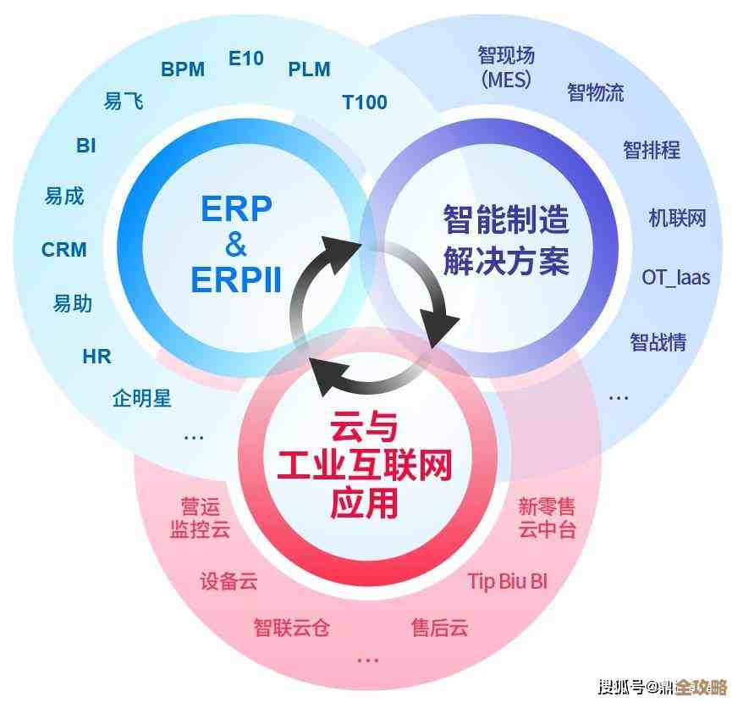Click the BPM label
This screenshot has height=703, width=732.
pos(183,69)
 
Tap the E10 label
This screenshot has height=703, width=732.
pos(246,58)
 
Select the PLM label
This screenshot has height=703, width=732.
pos(309,69)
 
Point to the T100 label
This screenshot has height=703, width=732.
pos(365,102)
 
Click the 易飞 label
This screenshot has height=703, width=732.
pos(124,102)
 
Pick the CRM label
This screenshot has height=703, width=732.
pos(64,250)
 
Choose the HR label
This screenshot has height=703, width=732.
pos(96,357)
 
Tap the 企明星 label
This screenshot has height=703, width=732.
pos(142,397)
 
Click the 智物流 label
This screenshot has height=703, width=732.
pos(596,91)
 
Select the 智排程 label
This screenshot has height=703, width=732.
pos(652,150)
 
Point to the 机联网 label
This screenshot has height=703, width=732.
pos(677,218)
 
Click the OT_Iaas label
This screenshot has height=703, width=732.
pos(675,277)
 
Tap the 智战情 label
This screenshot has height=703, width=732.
pos(658,342)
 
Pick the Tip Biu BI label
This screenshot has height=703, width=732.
pos(508,581)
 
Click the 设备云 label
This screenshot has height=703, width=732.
pos(228,581)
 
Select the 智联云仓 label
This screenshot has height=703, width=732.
pos(291,627)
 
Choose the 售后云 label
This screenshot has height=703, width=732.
pos(440,627)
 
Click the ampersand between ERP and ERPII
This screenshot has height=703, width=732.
pos(236,244)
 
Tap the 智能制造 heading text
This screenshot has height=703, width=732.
pos(506,220)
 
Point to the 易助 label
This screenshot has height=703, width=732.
pos(73,303)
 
